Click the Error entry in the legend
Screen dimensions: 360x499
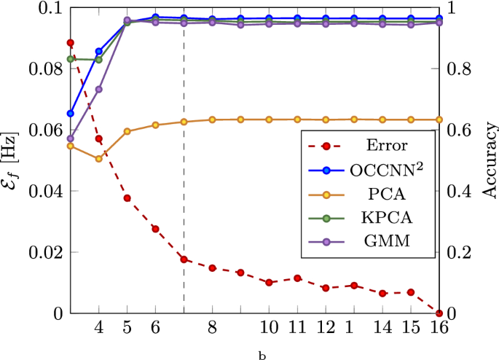point(387,145)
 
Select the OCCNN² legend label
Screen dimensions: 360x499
point(387,170)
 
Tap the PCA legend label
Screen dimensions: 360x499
point(387,195)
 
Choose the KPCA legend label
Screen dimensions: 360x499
point(387,219)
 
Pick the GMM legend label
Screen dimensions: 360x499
point(387,244)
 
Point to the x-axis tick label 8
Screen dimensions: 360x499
point(212,329)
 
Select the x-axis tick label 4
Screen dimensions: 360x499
point(99,329)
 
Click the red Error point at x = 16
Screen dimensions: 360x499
point(439,313)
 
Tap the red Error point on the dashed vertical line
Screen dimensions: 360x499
point(184,259)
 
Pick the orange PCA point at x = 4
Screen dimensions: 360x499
point(99,158)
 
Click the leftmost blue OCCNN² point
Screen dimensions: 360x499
point(71,114)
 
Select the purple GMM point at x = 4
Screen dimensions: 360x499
point(99,89)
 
